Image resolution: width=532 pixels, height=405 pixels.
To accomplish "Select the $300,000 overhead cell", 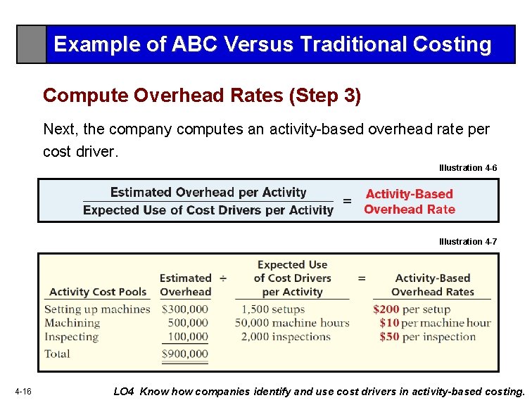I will [184, 309].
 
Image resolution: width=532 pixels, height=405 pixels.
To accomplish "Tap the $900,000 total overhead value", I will [184, 354].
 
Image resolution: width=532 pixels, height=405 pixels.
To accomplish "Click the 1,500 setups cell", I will [273, 309].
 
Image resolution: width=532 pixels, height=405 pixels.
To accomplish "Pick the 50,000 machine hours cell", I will [292, 323].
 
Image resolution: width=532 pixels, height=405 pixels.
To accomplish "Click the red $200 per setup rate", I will [412, 309].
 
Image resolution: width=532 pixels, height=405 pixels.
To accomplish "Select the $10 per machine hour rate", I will [434, 323].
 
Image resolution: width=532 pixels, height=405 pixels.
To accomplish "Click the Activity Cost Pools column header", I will [98, 292].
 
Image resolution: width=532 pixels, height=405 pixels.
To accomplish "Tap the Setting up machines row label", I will [97, 309].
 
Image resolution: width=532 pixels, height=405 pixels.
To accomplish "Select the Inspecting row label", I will [71, 337].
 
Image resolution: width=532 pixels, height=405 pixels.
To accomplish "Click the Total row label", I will [57, 354].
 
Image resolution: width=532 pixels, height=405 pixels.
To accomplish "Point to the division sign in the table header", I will [222, 278].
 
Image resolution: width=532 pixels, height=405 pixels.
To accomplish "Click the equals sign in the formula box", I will [347, 201].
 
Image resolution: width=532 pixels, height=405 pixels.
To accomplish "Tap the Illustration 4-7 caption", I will [468, 242].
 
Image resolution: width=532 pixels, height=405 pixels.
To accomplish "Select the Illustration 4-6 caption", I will [468, 168].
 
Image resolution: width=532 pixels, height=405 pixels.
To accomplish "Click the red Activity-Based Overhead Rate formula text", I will [409, 201].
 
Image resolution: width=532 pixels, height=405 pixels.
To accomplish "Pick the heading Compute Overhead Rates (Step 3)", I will [202, 96].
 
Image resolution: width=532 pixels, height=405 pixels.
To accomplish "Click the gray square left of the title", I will [32, 44].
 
